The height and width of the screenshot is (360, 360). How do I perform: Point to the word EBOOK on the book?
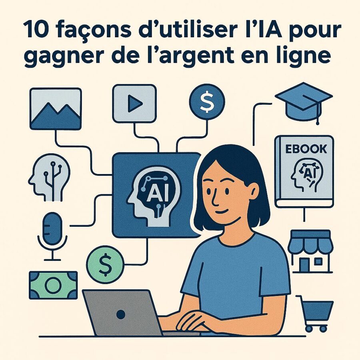point(304,149)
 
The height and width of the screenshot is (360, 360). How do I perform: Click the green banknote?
point(53,285)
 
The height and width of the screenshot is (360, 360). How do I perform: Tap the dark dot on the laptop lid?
point(121,314)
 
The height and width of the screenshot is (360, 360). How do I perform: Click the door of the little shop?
point(305,264)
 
